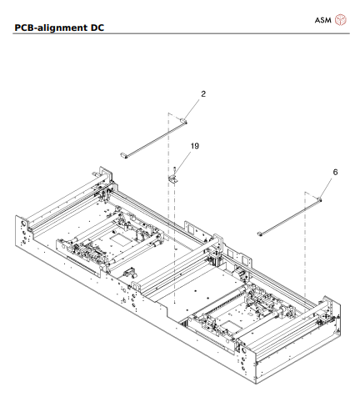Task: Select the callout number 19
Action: tap(194, 146)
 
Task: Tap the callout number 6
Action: tap(334, 172)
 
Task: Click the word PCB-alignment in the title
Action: tap(51, 30)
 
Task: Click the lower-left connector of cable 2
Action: tap(126, 154)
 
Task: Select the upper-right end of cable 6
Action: tap(319, 199)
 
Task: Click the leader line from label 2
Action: tap(192, 108)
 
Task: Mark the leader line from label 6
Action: tap(326, 187)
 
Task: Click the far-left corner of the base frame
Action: tap(17, 219)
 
